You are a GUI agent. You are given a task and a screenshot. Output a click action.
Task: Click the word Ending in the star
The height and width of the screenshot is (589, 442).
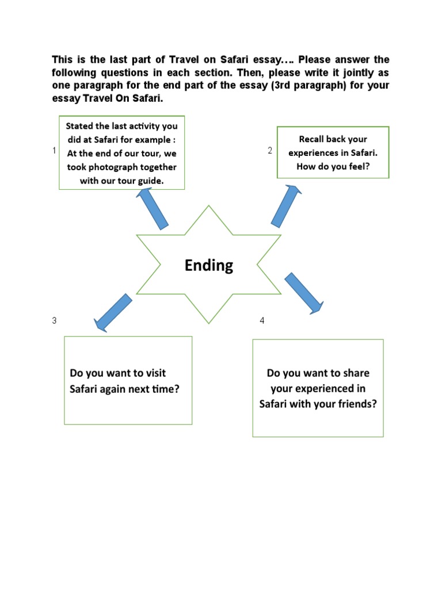click(209, 265)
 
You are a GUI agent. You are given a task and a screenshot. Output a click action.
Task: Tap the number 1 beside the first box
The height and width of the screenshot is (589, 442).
click(54, 151)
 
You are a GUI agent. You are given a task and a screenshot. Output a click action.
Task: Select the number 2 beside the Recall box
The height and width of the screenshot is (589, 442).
click(269, 151)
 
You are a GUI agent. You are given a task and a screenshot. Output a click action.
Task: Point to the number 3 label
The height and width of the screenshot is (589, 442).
click(54, 320)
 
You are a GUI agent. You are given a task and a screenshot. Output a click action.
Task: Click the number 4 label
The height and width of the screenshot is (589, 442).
click(262, 320)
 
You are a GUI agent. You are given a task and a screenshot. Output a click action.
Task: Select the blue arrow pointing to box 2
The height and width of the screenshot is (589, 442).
click(285, 205)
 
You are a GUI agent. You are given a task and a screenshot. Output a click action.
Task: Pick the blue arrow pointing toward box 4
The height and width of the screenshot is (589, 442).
click(304, 293)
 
